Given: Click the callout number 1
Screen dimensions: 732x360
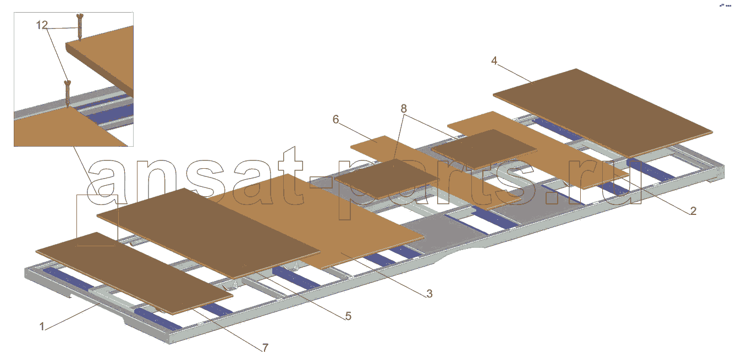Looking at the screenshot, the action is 42,326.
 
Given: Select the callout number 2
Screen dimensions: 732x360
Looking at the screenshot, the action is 693,211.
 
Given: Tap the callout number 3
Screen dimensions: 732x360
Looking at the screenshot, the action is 430,293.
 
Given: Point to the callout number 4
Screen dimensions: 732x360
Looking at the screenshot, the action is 494,60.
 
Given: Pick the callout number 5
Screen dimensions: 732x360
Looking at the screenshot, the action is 348,316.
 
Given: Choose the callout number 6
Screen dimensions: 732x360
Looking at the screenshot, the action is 335,120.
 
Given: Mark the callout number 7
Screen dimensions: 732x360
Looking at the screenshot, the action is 265,348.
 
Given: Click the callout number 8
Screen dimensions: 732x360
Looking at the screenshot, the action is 404,108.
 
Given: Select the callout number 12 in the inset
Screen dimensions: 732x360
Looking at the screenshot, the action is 42,25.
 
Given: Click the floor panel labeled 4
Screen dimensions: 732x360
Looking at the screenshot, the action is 603,113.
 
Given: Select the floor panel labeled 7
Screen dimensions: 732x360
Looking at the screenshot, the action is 134,273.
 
